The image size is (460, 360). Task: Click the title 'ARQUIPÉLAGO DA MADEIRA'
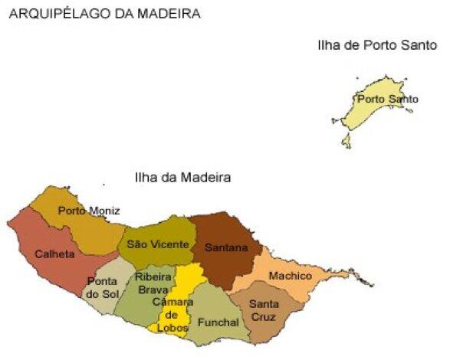tap(105, 13)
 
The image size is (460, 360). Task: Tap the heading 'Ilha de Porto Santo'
tap(376, 45)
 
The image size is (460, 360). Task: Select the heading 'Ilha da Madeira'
tap(182, 177)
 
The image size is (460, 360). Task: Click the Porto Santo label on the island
tap(388, 99)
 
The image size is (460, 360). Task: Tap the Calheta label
tap(54, 254)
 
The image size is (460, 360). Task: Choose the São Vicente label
tap(157, 244)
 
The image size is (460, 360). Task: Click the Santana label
tap(226, 247)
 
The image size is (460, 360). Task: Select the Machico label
tap(291, 275)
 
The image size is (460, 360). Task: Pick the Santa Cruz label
tap(264, 310)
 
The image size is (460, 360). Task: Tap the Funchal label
tap(219, 322)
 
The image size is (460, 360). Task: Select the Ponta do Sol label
tap(102, 287)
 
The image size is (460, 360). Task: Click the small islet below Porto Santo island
tap(347, 141)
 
